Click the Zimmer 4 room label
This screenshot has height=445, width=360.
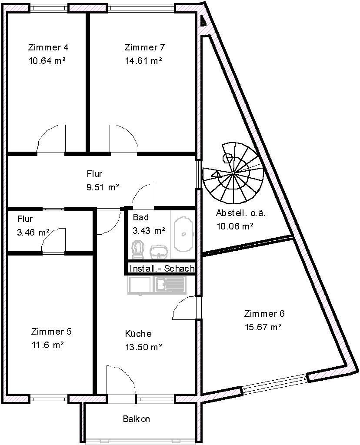click(48, 47)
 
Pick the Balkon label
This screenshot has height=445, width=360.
click(136, 419)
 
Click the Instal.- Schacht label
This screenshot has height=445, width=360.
click(161, 269)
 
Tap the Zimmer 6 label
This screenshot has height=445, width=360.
click(264, 314)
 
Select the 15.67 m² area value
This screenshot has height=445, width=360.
click(263, 327)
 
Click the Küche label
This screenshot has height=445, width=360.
click(138, 334)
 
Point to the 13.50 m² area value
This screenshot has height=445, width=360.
click(143, 347)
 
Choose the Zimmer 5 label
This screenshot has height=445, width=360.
click(51, 332)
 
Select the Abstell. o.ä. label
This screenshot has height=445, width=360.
click(240, 213)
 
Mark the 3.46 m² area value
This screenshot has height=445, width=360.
click(33, 232)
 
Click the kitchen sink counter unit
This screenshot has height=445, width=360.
click(157, 285)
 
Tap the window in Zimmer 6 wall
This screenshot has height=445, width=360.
click(274, 383)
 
